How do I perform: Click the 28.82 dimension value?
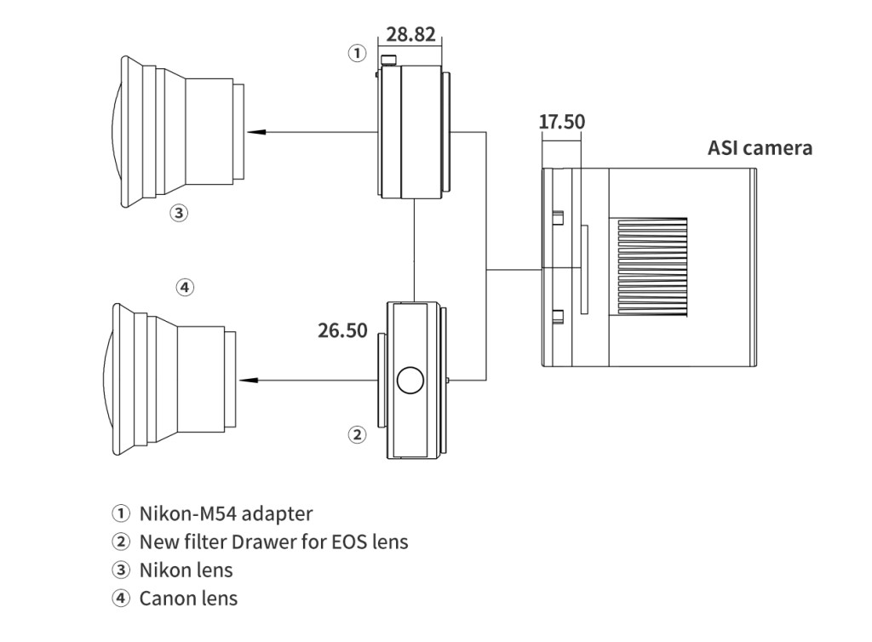[411, 34]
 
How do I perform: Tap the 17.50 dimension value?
[562, 122]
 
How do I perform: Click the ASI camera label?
[760, 147]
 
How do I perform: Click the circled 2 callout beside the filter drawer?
[357, 435]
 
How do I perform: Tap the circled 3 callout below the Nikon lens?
[179, 213]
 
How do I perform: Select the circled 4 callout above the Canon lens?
[185, 287]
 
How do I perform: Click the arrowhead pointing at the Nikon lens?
[254, 132]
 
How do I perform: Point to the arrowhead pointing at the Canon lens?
[248, 380]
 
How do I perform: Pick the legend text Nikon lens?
[186, 570]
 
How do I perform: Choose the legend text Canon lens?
[188, 598]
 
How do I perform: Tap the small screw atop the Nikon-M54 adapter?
[390, 60]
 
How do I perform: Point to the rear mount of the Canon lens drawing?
[232, 380]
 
